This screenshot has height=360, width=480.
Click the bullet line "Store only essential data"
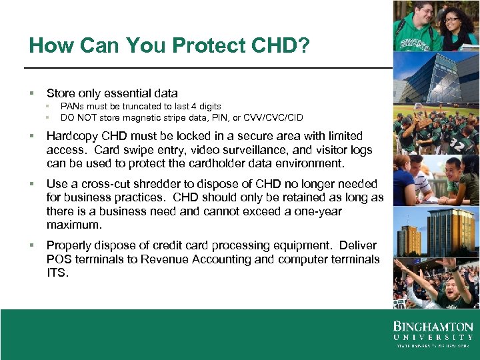tap(112, 93)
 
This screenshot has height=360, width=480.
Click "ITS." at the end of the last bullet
tap(57, 273)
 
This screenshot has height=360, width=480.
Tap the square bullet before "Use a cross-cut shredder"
tap(31, 184)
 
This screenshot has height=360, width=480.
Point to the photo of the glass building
tap(436, 77)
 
